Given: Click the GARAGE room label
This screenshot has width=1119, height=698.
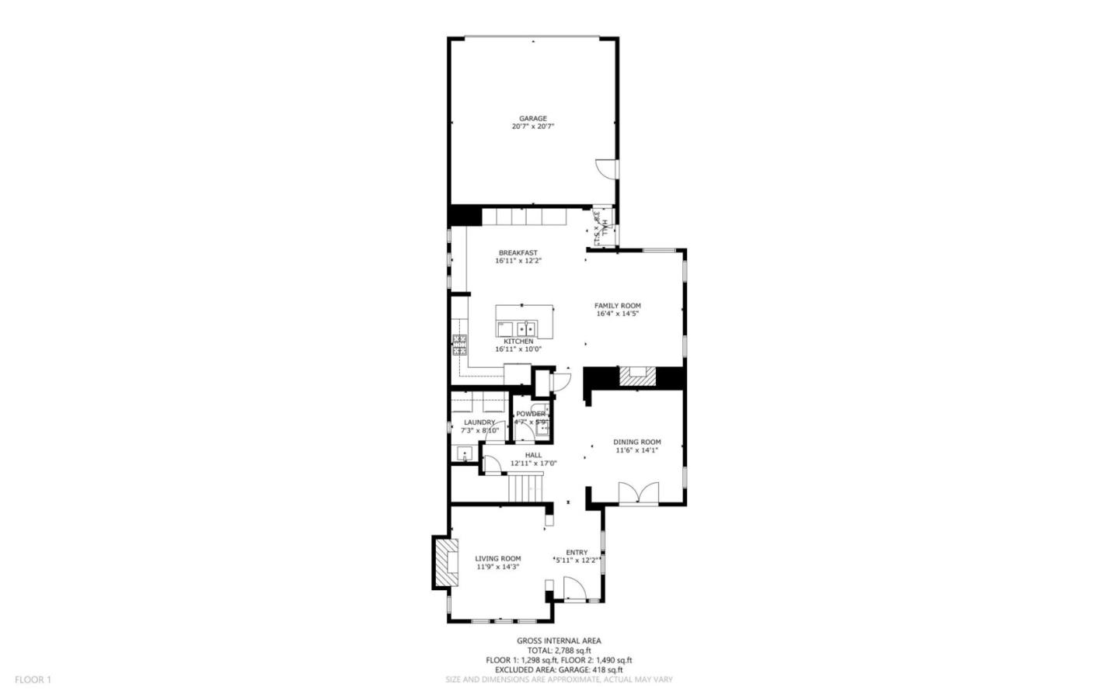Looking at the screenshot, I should point(533,119).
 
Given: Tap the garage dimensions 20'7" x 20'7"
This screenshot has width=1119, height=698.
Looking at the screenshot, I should point(533,127).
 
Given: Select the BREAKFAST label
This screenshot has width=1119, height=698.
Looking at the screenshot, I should point(518,252).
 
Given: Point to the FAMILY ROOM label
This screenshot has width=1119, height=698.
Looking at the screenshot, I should point(618,305).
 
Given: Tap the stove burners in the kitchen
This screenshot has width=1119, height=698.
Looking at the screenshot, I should point(459,345).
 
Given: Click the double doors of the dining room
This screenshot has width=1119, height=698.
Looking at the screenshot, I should point(639,493).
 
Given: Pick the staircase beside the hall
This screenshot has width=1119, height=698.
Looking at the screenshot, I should point(525,488).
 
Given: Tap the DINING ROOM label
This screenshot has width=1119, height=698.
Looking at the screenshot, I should point(637,442).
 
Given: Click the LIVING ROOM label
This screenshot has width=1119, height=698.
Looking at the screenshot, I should point(498,558).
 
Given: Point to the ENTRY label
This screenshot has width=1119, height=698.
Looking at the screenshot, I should point(577,552).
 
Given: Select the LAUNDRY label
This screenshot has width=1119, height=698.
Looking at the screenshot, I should point(479,422).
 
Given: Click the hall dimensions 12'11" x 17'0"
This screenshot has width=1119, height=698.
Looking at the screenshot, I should point(533,464).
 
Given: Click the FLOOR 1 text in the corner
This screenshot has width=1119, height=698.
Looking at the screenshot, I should point(33,679).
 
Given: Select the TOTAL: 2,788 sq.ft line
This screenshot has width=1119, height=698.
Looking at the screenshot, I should point(559,651).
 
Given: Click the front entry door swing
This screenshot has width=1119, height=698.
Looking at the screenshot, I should point(574,589).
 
